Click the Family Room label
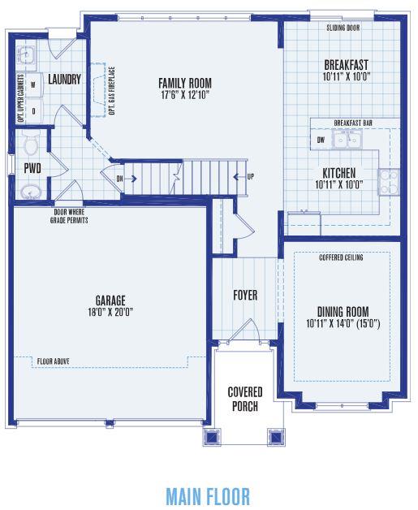coord(185,84)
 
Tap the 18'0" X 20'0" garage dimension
coord(110,312)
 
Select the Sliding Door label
coord(343,28)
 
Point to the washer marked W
coord(33,85)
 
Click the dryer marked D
coord(33,111)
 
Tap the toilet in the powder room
coord(31,143)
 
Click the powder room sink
coord(31,192)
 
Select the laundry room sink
coord(26,54)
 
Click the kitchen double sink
coord(347,140)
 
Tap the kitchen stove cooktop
coord(389,182)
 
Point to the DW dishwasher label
coord(321,140)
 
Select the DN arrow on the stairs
coord(127,178)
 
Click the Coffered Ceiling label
coord(341,257)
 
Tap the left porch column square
coord(212,436)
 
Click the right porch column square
coord(276,436)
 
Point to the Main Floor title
coord(208,496)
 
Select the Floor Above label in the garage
coord(53,361)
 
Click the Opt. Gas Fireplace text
coord(112,91)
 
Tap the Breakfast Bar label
coord(353,123)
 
